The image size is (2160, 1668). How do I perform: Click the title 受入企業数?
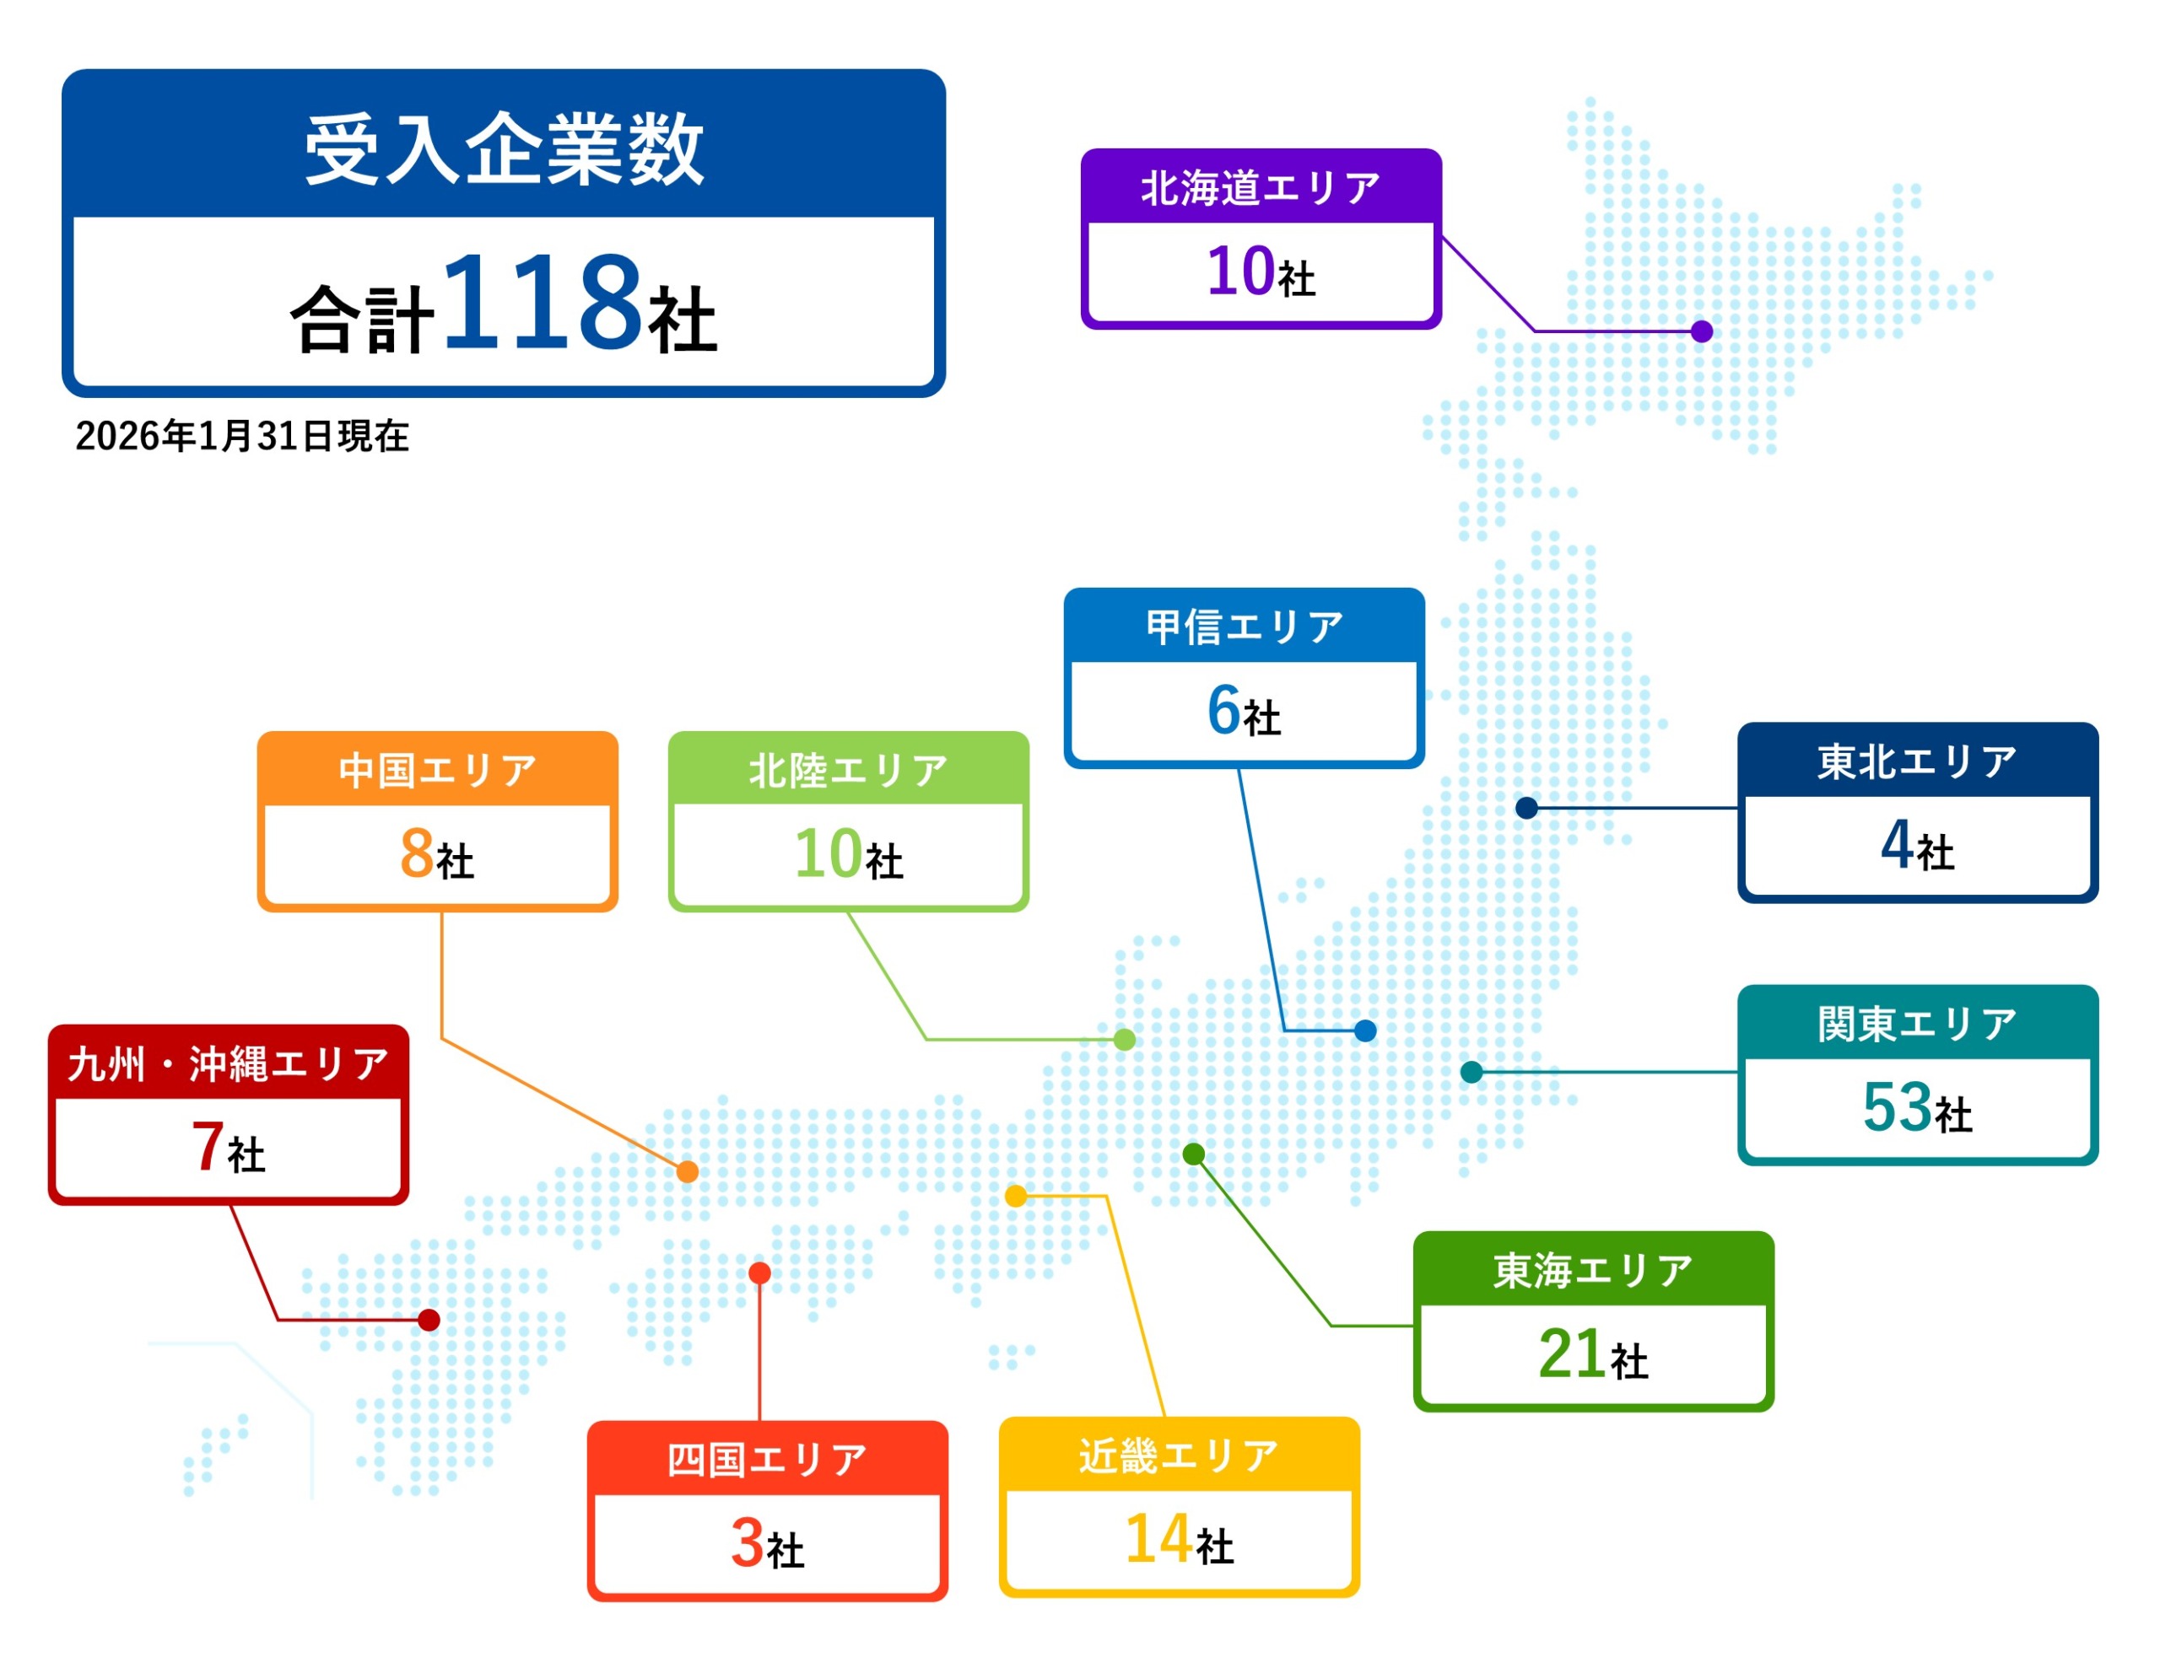(x=504, y=149)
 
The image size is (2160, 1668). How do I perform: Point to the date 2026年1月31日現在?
(x=242, y=436)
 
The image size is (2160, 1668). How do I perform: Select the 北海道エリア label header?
(x=1261, y=188)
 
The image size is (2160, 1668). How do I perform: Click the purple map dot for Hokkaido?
(x=1701, y=331)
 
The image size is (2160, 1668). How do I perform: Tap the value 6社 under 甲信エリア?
(x=1245, y=711)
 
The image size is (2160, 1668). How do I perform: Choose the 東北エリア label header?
(x=1918, y=761)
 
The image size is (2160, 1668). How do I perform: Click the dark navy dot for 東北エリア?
(x=1527, y=808)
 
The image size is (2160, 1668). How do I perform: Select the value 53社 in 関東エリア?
(x=1918, y=1107)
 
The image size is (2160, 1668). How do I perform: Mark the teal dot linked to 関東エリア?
(x=1471, y=1072)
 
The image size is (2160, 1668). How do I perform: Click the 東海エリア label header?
(x=1593, y=1271)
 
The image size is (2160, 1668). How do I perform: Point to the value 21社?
(x=1593, y=1353)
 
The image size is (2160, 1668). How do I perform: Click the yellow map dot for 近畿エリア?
(x=1016, y=1197)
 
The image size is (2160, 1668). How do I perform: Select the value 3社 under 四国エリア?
(x=768, y=1543)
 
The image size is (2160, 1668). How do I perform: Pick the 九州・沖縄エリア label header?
(x=229, y=1064)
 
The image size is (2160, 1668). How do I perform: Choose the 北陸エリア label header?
(x=849, y=770)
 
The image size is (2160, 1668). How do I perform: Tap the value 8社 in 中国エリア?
(x=437, y=854)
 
